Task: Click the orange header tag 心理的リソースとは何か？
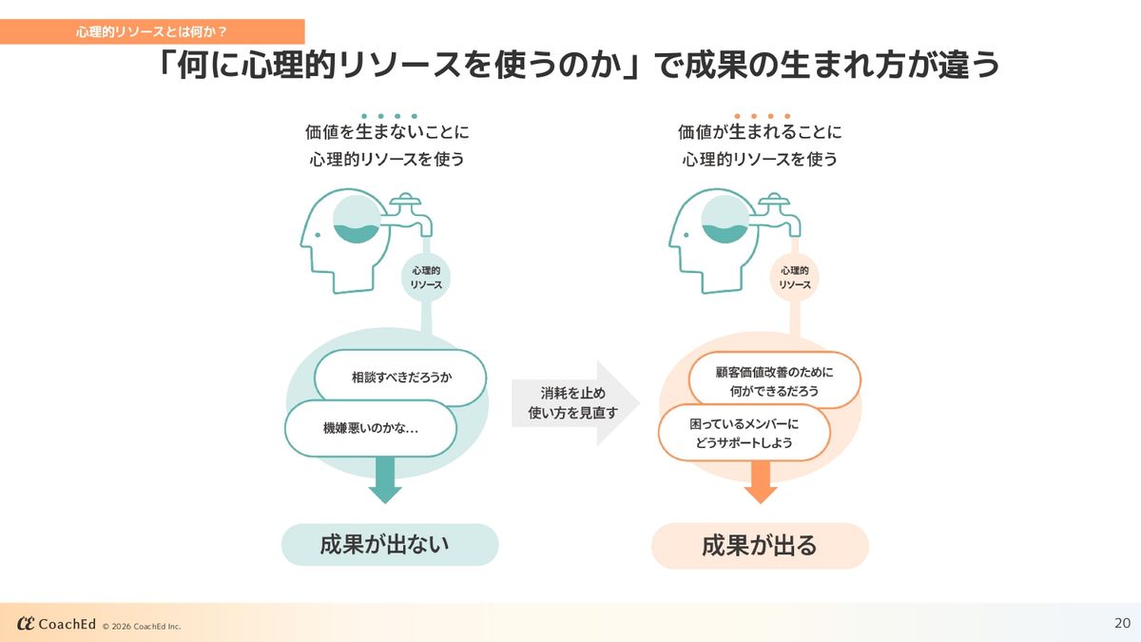[x=152, y=32]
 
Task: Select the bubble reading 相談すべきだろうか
[x=400, y=378]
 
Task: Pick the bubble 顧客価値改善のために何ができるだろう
[x=774, y=380]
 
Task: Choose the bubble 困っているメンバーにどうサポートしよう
[x=745, y=434]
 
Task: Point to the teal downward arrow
[x=385, y=481]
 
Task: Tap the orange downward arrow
[x=761, y=481]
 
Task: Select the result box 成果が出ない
[x=390, y=545]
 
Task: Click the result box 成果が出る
[x=760, y=546]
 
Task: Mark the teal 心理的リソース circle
[x=425, y=278]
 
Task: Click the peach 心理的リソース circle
[x=794, y=278]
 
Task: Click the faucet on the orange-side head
[x=780, y=214]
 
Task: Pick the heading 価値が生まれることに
[x=760, y=132]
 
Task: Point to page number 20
[x=1122, y=624]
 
